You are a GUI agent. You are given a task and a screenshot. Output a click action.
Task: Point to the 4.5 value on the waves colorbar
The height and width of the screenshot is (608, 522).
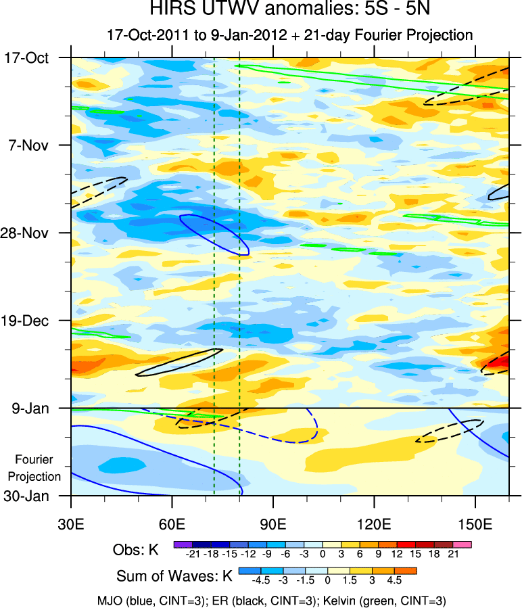pyautogui.click(x=394, y=581)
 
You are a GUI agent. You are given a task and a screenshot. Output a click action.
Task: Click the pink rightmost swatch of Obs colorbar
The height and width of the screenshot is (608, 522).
pyautogui.click(x=464, y=544)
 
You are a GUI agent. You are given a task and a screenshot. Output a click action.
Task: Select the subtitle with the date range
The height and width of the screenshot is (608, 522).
pyautogui.click(x=289, y=34)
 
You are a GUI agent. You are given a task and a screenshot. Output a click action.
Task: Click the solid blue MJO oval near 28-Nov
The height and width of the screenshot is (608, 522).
pyautogui.click(x=215, y=234)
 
